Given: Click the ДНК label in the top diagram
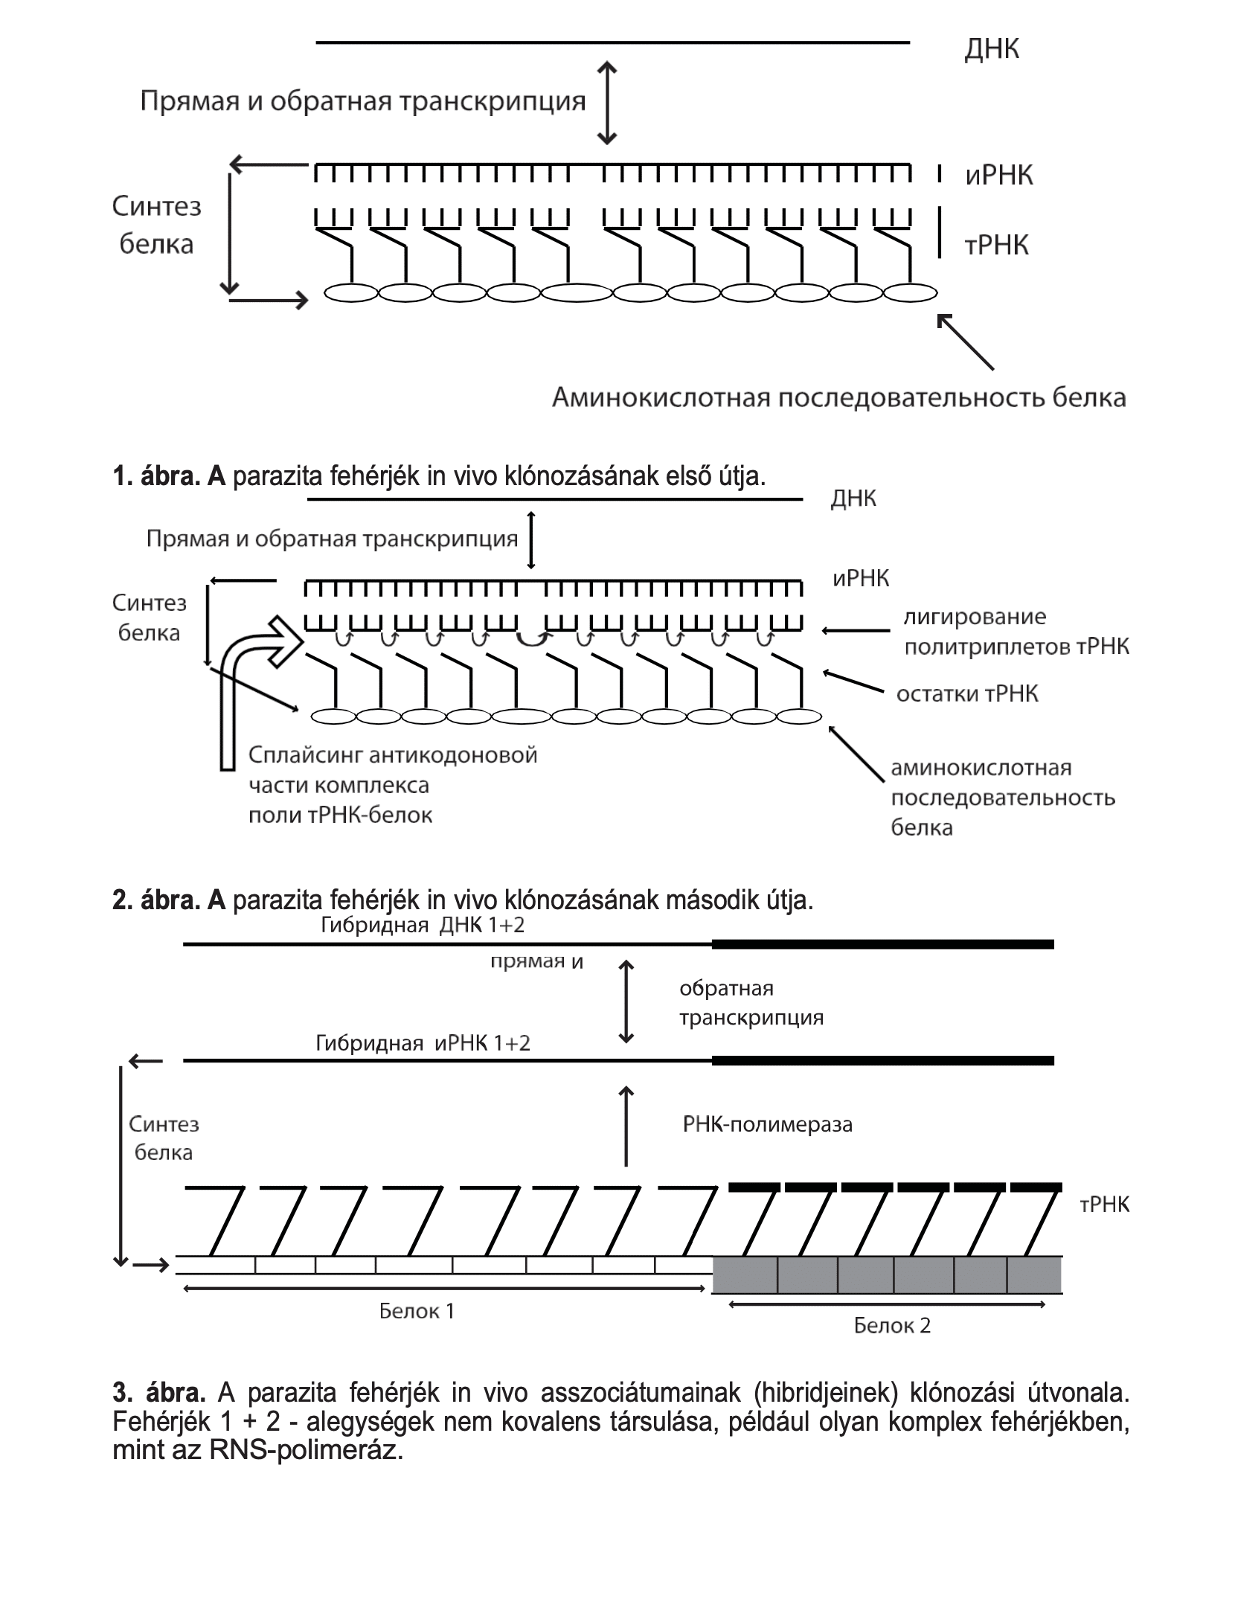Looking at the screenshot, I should [992, 49].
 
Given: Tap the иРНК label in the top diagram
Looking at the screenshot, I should [999, 176].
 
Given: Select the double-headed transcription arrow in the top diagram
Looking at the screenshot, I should [608, 103].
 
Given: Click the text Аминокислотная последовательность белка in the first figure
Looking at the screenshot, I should [838, 398].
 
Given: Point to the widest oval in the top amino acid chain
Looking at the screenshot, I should [577, 292].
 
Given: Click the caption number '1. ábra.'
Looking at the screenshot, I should [155, 476].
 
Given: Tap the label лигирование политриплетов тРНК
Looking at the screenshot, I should [1016, 632].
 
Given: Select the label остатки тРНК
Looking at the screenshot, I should [967, 694].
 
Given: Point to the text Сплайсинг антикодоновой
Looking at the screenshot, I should [393, 755].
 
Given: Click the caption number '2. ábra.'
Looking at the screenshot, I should [155, 900].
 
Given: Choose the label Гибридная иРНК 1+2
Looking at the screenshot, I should [423, 1042].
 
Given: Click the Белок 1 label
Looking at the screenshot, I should [417, 1310].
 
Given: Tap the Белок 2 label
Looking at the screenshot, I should [891, 1325].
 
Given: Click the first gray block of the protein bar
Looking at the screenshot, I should [745, 1275].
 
